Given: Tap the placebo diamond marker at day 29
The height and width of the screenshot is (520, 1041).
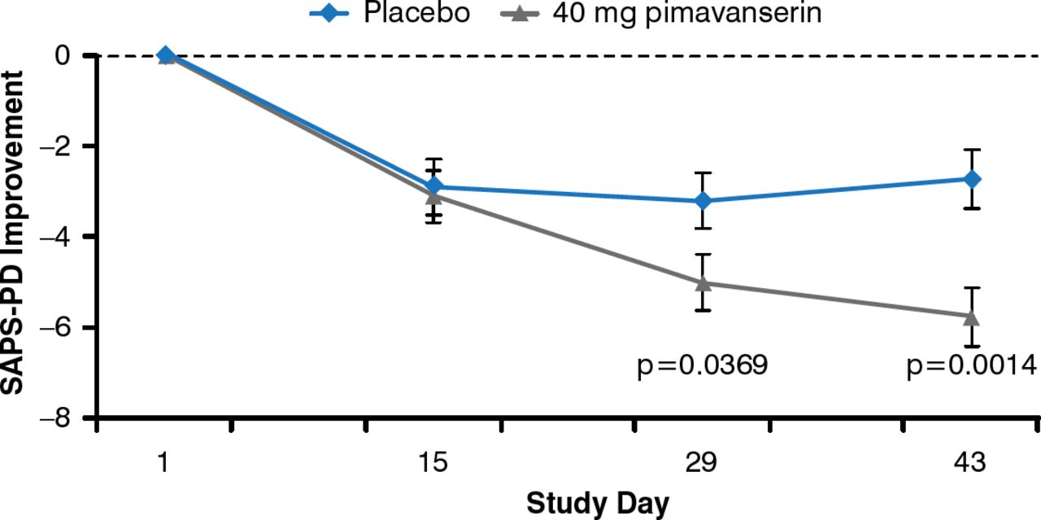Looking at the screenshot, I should click(x=703, y=200).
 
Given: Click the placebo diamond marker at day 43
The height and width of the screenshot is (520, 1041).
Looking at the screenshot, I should click(x=972, y=179).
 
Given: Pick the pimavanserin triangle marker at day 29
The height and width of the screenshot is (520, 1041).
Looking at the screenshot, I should click(x=703, y=282).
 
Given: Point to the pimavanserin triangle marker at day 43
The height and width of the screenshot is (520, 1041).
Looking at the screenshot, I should click(x=972, y=317).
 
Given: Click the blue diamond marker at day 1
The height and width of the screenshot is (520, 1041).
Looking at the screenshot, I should click(x=165, y=55).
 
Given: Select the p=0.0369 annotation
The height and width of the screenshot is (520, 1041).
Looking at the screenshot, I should click(x=703, y=365).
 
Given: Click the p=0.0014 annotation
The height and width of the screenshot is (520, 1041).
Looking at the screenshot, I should click(x=971, y=365).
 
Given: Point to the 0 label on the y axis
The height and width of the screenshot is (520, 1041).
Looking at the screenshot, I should click(x=74, y=55).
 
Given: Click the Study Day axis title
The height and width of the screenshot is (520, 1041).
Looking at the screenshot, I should click(x=598, y=503).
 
